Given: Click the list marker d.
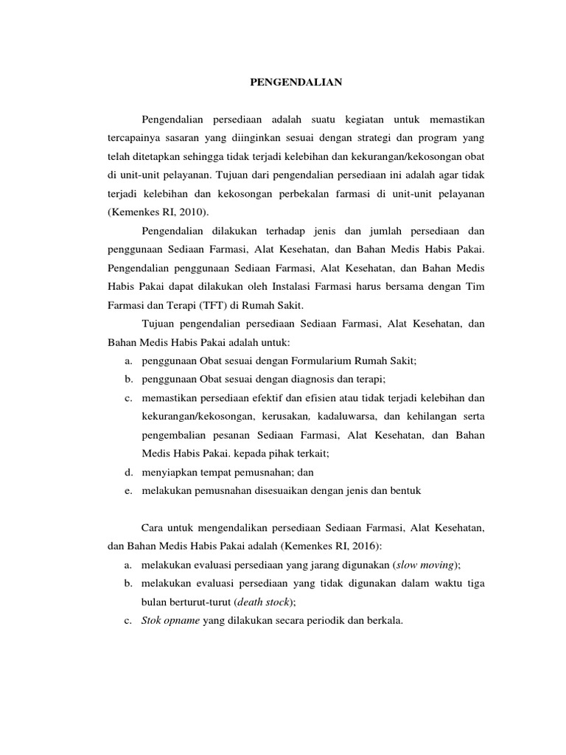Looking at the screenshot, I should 128,472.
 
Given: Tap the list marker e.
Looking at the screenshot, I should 128,490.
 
